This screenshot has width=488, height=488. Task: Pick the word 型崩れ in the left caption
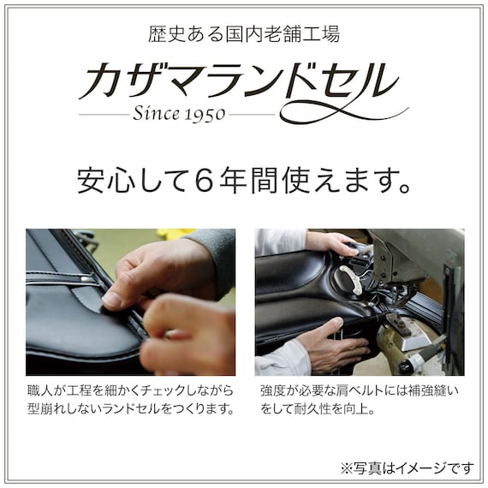pos(47,409)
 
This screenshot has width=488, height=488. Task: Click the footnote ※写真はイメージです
pos(406,467)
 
